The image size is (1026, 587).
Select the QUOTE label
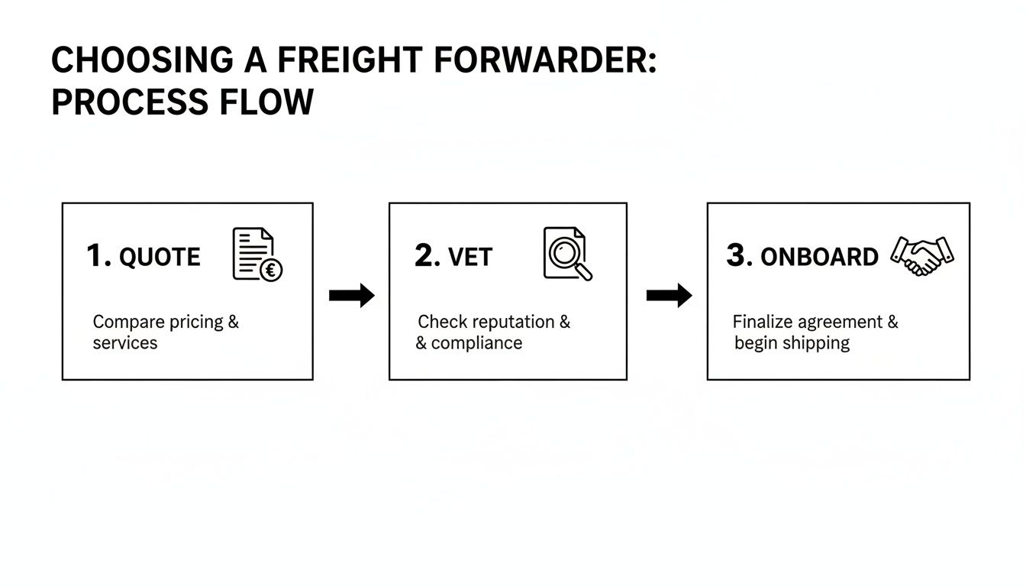click(160, 258)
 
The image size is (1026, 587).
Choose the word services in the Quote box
click(125, 343)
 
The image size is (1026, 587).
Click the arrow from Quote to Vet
click(352, 296)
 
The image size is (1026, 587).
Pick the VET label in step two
click(470, 258)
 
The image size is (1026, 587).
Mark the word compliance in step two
click(476, 343)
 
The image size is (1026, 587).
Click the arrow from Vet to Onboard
click(669, 296)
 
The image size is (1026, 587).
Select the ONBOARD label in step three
click(819, 258)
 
